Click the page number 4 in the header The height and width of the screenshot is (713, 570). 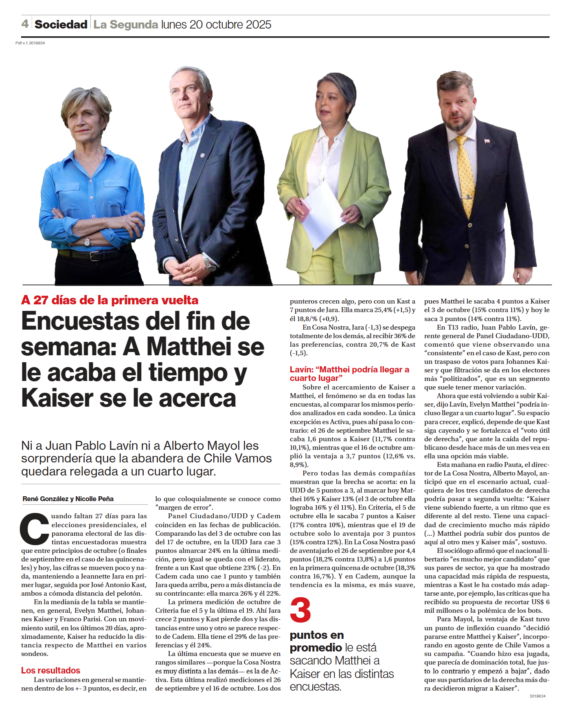pyautogui.click(x=25, y=24)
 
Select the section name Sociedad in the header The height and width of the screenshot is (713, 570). pyautogui.click(x=61, y=24)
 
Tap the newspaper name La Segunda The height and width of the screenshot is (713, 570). pyautogui.click(x=125, y=24)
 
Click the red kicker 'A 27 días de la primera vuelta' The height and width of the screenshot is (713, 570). pyautogui.click(x=110, y=300)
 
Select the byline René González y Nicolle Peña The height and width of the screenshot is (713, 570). pyautogui.click(x=68, y=499)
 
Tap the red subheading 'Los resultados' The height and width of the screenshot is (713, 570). pyautogui.click(x=51, y=670)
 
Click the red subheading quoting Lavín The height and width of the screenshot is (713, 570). pyautogui.click(x=349, y=374)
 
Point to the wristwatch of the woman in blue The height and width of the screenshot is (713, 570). pyautogui.click(x=87, y=241)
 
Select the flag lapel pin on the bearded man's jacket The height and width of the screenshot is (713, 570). pyautogui.click(x=487, y=141)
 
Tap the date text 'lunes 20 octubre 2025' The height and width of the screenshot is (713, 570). pyautogui.click(x=216, y=24)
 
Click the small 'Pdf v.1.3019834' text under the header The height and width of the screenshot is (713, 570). pyautogui.click(x=30, y=43)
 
